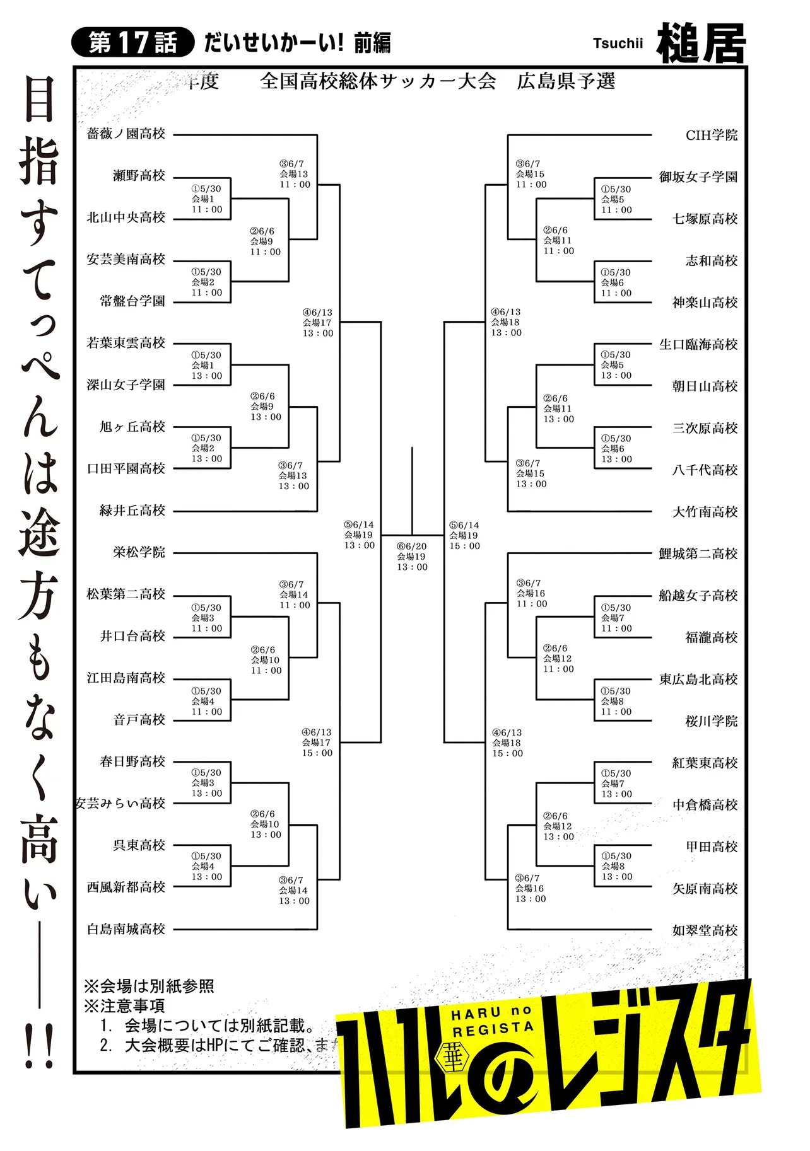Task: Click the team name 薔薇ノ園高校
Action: click(126, 134)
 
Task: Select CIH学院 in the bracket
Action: click(712, 135)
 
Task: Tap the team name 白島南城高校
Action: click(126, 928)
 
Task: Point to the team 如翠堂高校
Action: click(705, 930)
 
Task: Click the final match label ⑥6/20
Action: click(412, 547)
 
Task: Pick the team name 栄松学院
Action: click(139, 552)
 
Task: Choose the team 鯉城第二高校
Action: click(698, 553)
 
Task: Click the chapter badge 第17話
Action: click(132, 43)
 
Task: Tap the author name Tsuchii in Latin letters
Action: click(618, 43)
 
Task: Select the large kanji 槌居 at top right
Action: click(701, 43)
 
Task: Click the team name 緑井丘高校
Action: click(132, 511)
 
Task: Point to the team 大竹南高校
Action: click(705, 512)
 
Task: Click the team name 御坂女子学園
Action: click(698, 177)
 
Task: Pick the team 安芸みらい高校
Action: click(120, 803)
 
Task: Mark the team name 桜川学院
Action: click(712, 721)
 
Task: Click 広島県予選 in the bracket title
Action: click(566, 81)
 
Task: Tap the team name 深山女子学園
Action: click(126, 385)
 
